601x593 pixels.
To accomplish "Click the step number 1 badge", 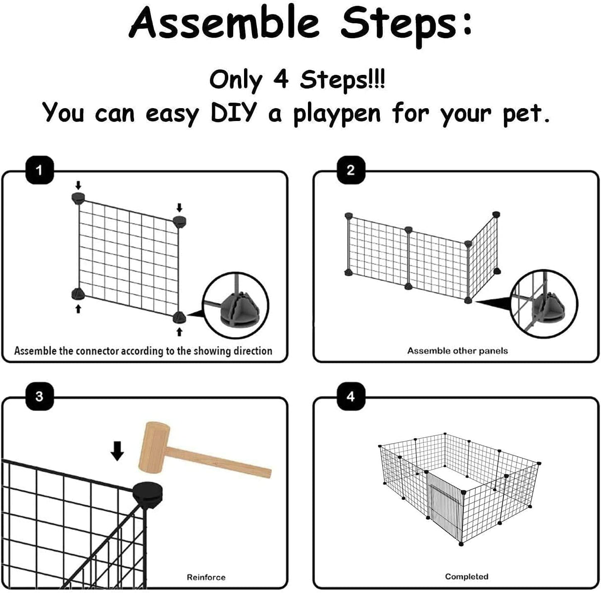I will pyautogui.click(x=39, y=171).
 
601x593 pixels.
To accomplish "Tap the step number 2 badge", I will pyautogui.click(x=351, y=171).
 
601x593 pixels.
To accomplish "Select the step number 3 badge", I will pyautogui.click(x=39, y=397).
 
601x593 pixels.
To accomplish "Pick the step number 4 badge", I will pyautogui.click(x=351, y=397).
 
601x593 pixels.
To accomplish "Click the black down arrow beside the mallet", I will pyautogui.click(x=117, y=451).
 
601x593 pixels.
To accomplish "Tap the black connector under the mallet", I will pyautogui.click(x=148, y=493).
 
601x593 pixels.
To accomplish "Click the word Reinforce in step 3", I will pyautogui.click(x=206, y=577).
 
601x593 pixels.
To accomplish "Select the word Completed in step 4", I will pyautogui.click(x=466, y=577).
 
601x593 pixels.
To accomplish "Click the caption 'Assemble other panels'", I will pyautogui.click(x=457, y=351).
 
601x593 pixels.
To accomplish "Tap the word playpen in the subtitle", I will pyautogui.click(x=337, y=114).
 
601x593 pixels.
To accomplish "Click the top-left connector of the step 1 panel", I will pyautogui.click(x=78, y=199).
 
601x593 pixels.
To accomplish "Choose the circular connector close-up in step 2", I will pyautogui.click(x=544, y=303).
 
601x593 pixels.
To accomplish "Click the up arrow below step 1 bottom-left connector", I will pyautogui.click(x=78, y=309).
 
